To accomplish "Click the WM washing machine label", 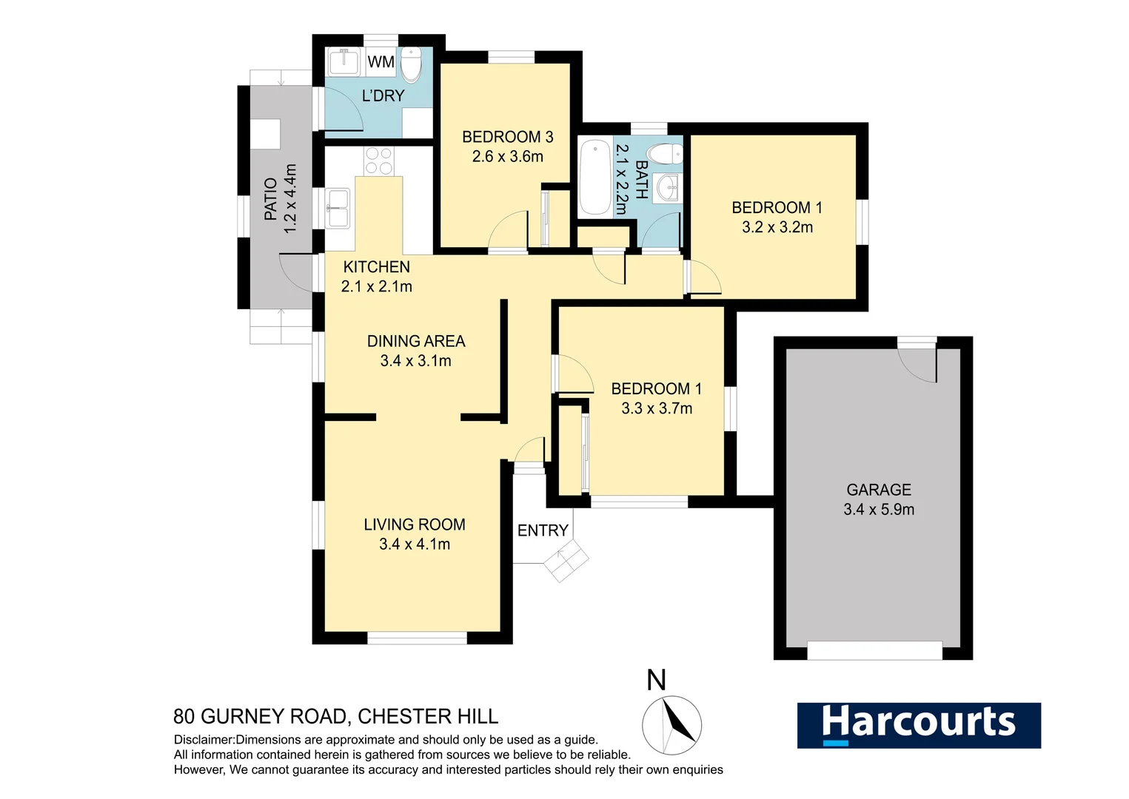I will click(x=381, y=62).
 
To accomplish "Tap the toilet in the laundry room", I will click(x=411, y=65).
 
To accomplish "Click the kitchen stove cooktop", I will click(x=379, y=161).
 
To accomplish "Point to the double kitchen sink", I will click(x=338, y=208).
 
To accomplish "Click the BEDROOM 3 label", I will click(x=507, y=137).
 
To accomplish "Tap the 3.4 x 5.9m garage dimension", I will click(x=878, y=510).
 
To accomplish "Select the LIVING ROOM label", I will click(x=415, y=525).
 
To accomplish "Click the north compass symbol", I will click(x=671, y=724).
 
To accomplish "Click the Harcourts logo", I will click(x=918, y=725).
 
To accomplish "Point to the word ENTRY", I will click(x=543, y=530).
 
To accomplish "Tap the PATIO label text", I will click(x=270, y=199).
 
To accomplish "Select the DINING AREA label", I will click(x=416, y=341).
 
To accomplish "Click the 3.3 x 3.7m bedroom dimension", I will click(x=657, y=408).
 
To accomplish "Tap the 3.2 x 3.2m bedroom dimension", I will click(x=777, y=228).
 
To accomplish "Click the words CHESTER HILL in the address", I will click(x=427, y=716).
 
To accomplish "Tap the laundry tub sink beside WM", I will click(x=343, y=62).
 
